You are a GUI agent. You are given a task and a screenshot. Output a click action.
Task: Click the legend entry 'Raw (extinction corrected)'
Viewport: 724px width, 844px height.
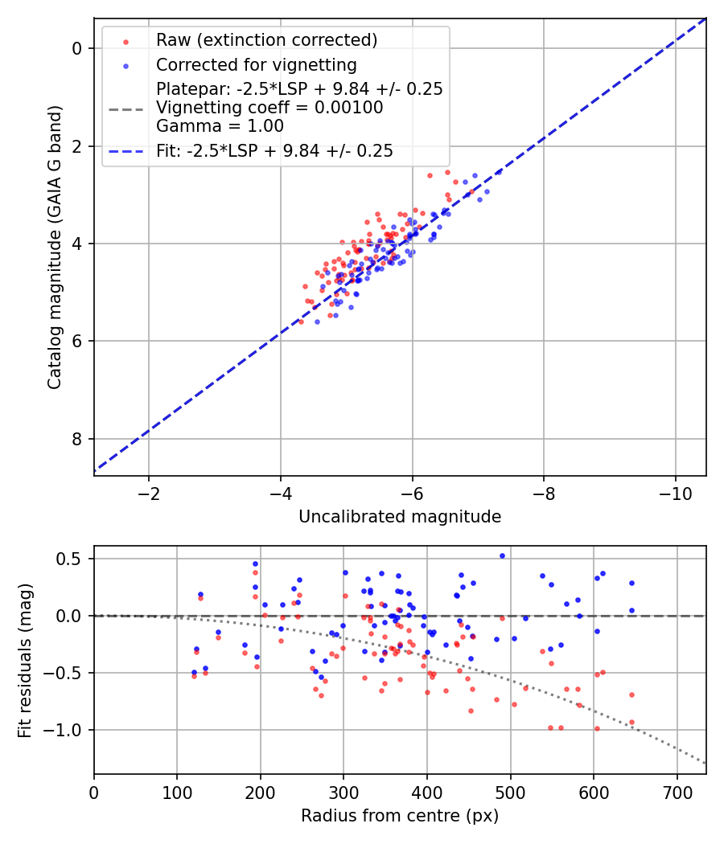pos(266,40)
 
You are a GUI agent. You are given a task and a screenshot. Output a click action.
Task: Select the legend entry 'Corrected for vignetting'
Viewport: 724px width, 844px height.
pos(256,64)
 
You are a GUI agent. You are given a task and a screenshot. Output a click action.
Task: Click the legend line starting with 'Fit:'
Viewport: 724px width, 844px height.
pos(274,150)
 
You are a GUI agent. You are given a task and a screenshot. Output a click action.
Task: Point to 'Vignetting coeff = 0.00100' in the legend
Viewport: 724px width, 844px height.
pos(269,108)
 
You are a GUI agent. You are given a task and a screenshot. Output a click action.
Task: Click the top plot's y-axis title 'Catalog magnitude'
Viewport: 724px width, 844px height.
pos(54,245)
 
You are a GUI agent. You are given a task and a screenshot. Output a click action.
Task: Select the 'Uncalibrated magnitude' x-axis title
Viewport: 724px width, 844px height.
pos(400,517)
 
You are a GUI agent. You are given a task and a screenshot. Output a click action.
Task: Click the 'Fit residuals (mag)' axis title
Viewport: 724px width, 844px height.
pos(25,660)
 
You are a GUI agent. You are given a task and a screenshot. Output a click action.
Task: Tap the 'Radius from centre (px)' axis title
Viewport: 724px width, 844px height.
pos(400,816)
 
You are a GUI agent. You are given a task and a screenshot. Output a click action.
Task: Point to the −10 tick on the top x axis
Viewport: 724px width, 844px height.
pos(675,492)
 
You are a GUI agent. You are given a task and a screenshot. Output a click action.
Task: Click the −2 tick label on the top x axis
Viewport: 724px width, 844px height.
pos(149,492)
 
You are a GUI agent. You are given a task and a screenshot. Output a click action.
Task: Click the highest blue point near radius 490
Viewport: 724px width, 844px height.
pos(502,555)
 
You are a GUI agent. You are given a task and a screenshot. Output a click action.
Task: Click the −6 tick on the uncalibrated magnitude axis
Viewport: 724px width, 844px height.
pos(412,492)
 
